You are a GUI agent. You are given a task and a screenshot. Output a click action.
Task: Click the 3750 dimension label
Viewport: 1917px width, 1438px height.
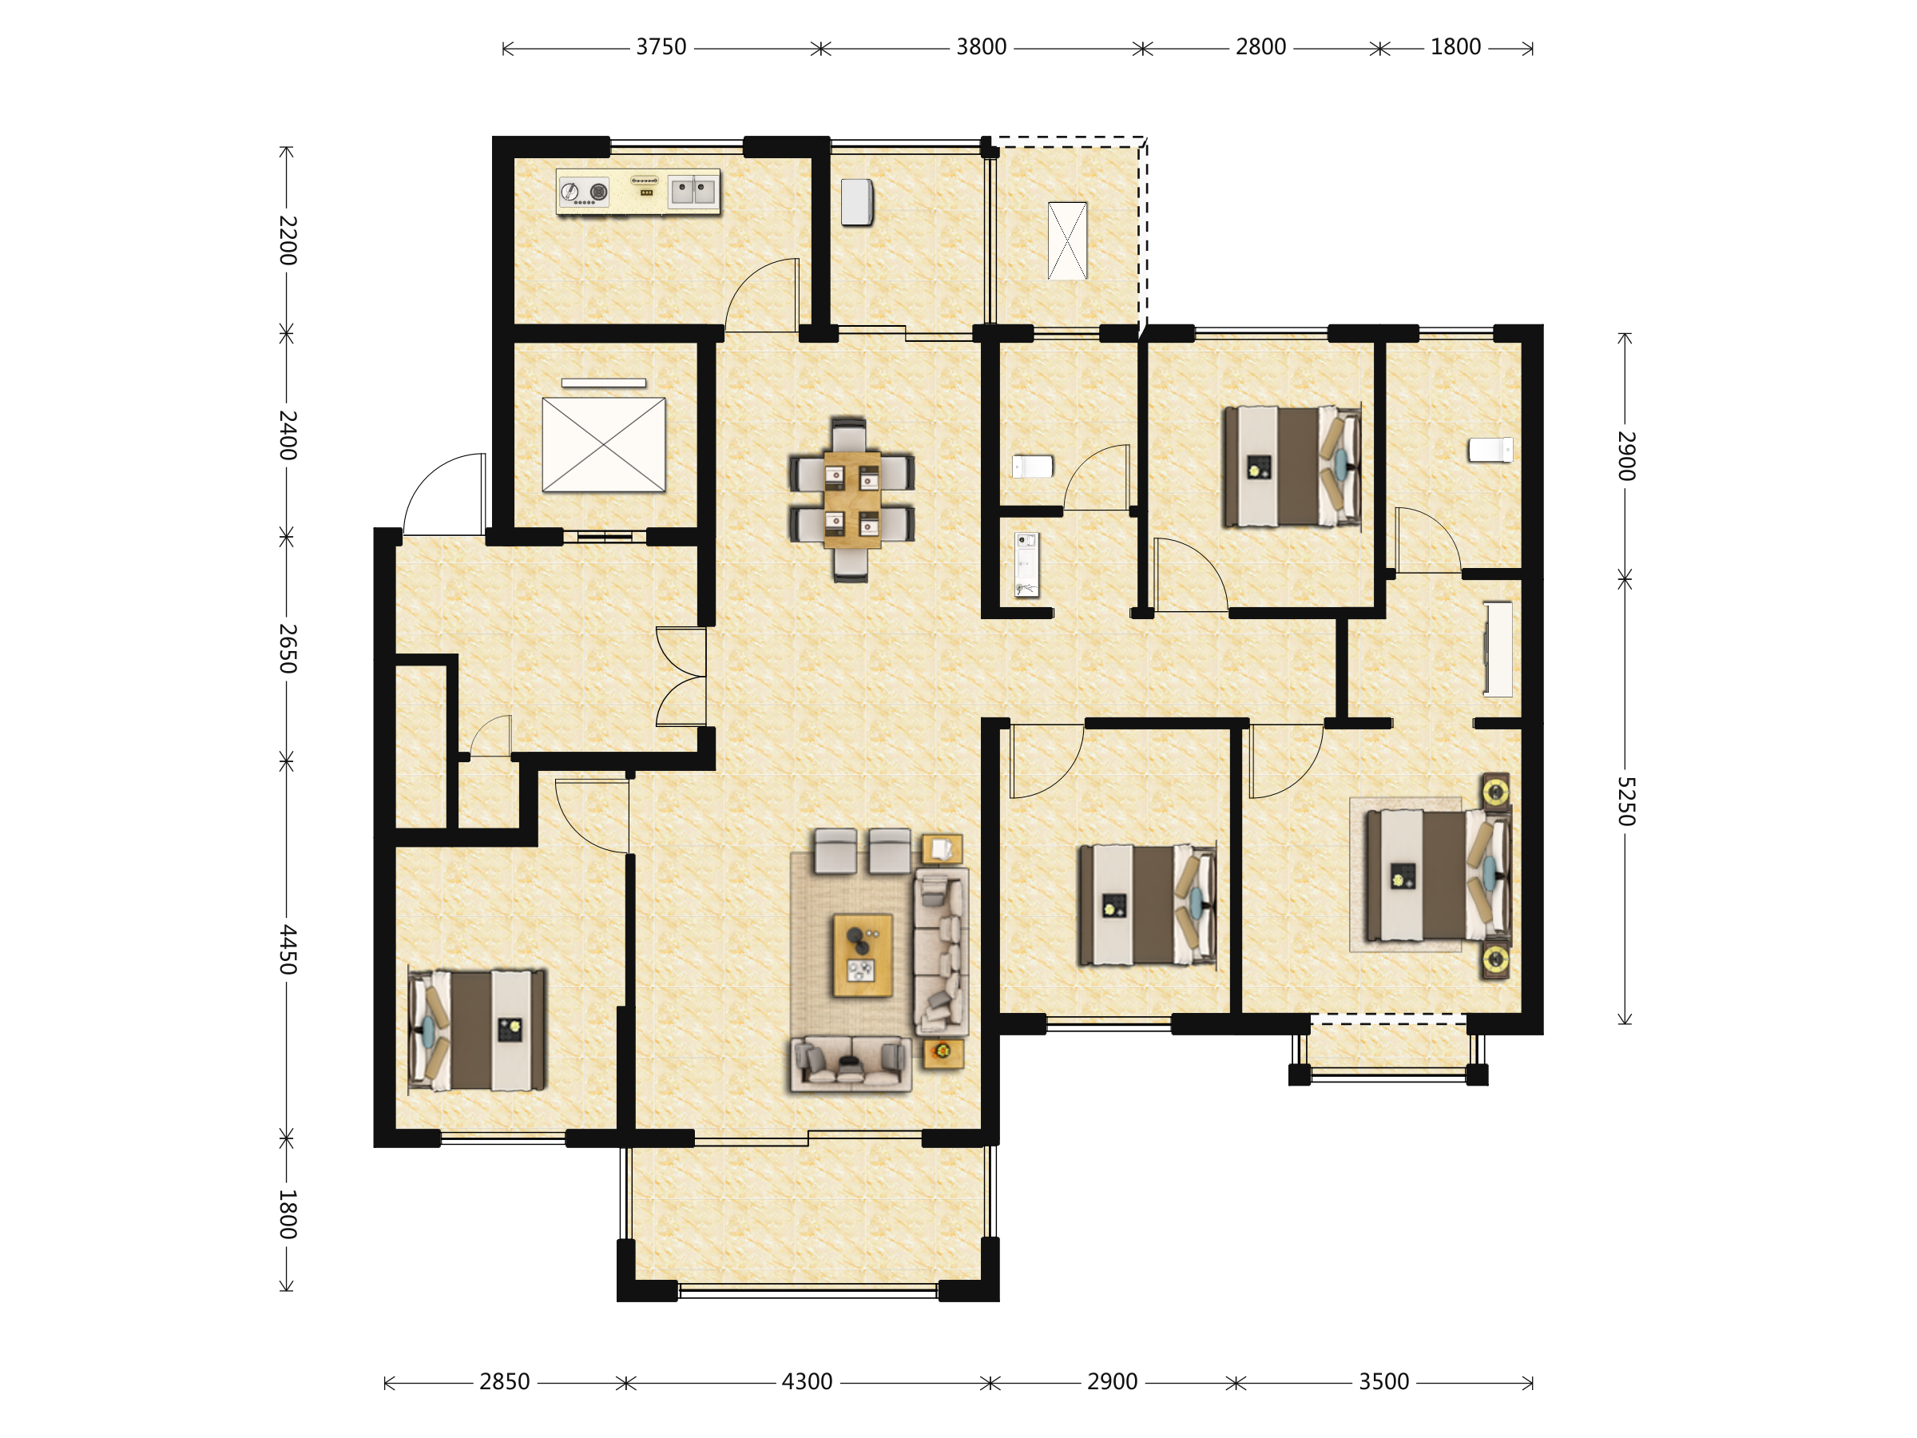[661, 47]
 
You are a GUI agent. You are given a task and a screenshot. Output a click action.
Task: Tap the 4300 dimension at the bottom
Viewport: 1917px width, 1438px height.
[807, 1381]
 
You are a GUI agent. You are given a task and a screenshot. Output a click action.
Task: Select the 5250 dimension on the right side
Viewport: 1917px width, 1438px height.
[1625, 801]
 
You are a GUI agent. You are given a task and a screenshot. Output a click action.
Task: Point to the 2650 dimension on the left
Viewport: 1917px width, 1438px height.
[288, 649]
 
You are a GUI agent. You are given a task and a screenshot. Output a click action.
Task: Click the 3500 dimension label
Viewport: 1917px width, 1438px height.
[1384, 1381]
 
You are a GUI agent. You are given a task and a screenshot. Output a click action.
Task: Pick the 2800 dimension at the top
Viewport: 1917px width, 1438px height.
[1261, 47]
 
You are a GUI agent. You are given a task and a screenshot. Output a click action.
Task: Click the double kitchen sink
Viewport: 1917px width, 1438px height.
[693, 191]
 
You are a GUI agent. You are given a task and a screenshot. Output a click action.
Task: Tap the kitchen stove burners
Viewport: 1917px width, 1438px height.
[584, 192]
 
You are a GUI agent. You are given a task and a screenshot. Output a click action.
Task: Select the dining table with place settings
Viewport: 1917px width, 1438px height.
[852, 500]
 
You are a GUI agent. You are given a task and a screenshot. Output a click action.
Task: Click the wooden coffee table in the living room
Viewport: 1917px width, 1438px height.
[863, 955]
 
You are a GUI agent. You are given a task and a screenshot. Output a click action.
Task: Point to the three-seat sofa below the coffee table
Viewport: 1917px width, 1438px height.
[850, 1063]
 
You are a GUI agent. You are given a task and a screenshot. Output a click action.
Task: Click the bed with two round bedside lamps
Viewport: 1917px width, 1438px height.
[1439, 876]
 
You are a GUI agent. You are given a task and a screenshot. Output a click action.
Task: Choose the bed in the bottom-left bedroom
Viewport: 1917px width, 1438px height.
[477, 1030]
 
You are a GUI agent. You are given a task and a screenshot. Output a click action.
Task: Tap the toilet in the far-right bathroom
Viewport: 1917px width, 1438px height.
[1490, 450]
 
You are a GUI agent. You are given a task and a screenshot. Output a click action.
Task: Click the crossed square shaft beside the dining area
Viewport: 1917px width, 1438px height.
[603, 445]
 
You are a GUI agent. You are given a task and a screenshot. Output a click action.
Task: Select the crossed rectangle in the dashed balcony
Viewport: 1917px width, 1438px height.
[1067, 241]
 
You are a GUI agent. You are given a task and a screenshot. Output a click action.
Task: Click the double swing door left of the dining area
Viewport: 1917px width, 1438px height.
[682, 676]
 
